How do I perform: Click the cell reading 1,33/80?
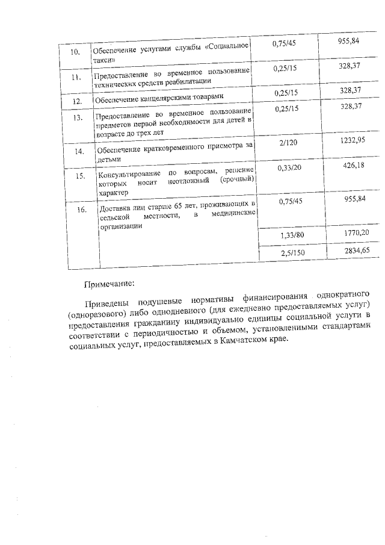coord(292,235)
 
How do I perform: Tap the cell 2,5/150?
coord(293,254)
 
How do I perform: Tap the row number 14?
coord(79,151)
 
